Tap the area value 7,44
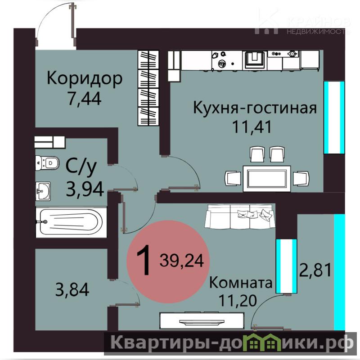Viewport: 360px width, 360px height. click(x=85, y=98)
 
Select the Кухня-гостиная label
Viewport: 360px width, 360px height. click(x=255, y=108)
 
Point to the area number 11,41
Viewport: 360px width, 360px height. click(x=252, y=126)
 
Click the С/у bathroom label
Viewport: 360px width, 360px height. click(x=81, y=167)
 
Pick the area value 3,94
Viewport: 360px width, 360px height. click(x=85, y=189)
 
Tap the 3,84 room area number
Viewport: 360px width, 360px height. click(x=72, y=289)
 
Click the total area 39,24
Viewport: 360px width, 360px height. click(x=182, y=261)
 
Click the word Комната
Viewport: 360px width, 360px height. click(x=241, y=283)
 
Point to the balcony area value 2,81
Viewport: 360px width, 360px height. click(x=315, y=270)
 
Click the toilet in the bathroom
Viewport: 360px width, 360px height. click(x=47, y=163)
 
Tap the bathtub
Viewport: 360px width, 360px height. click(x=71, y=222)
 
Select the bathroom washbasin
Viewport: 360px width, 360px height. click(x=43, y=191)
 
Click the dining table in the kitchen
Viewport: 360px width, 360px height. click(x=267, y=178)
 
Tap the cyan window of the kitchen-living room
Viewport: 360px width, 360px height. click(x=334, y=117)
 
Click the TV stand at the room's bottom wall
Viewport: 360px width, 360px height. click(x=202, y=320)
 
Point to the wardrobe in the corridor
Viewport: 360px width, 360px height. click(x=148, y=88)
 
